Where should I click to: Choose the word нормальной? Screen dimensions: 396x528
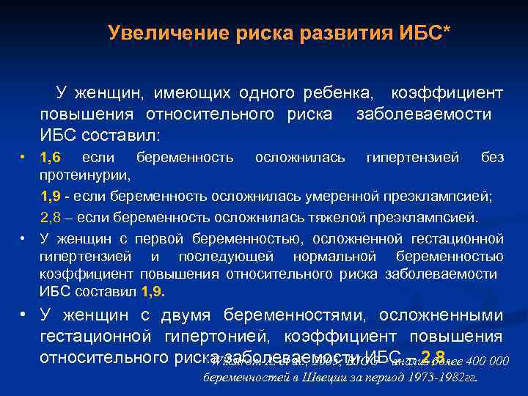point(334,257)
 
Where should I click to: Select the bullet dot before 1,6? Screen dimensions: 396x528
point(25,157)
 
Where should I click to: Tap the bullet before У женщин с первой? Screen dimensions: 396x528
point(25,238)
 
